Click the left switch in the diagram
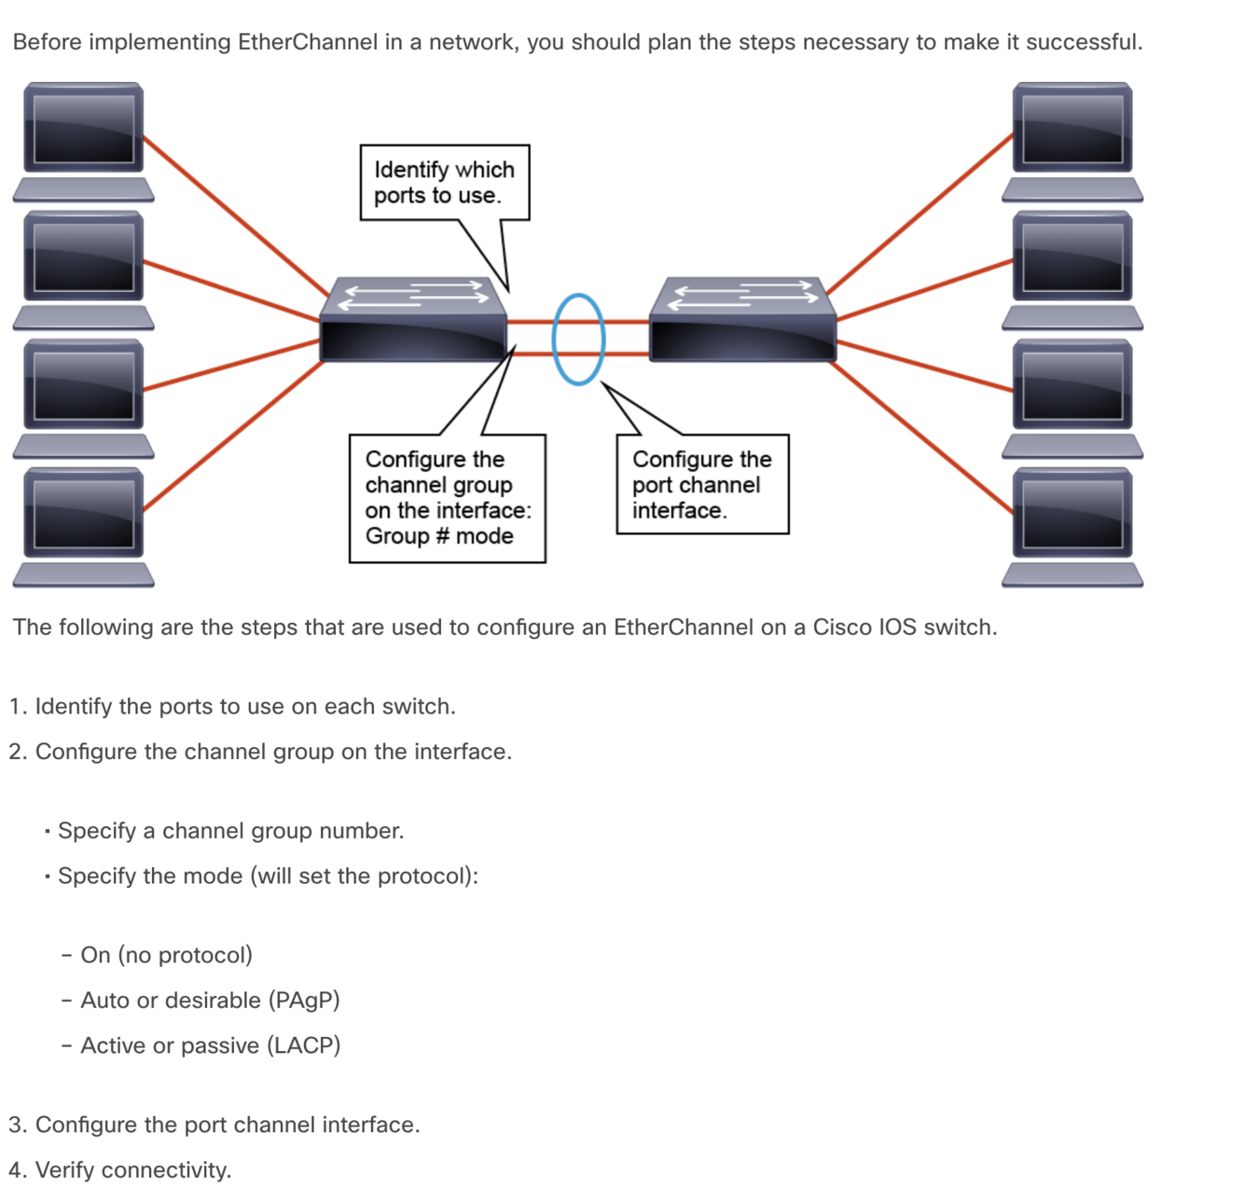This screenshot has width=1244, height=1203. pos(414,322)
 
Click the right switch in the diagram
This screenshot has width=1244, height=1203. pos(742,322)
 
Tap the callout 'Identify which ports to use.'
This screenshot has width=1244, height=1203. pos(444,183)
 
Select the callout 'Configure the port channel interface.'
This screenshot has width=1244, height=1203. pos(702,485)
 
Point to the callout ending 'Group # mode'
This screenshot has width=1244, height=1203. pos(447,498)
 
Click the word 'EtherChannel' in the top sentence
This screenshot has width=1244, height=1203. pos(308,42)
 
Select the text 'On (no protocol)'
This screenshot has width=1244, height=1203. pos(166,955)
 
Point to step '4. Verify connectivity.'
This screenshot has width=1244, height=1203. pos(120,1169)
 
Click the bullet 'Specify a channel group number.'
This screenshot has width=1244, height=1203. pos(230,831)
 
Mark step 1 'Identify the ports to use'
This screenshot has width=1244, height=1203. pos(232,706)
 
